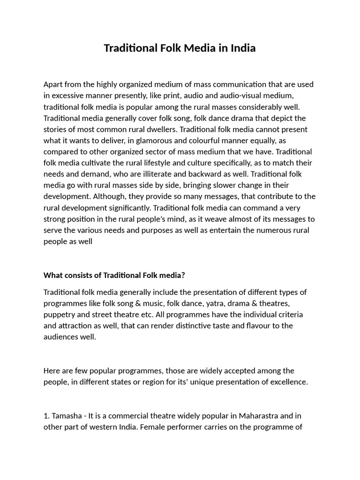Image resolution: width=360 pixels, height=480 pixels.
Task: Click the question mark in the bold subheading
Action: click(183, 275)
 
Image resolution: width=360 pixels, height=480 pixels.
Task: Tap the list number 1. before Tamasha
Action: click(46, 416)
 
